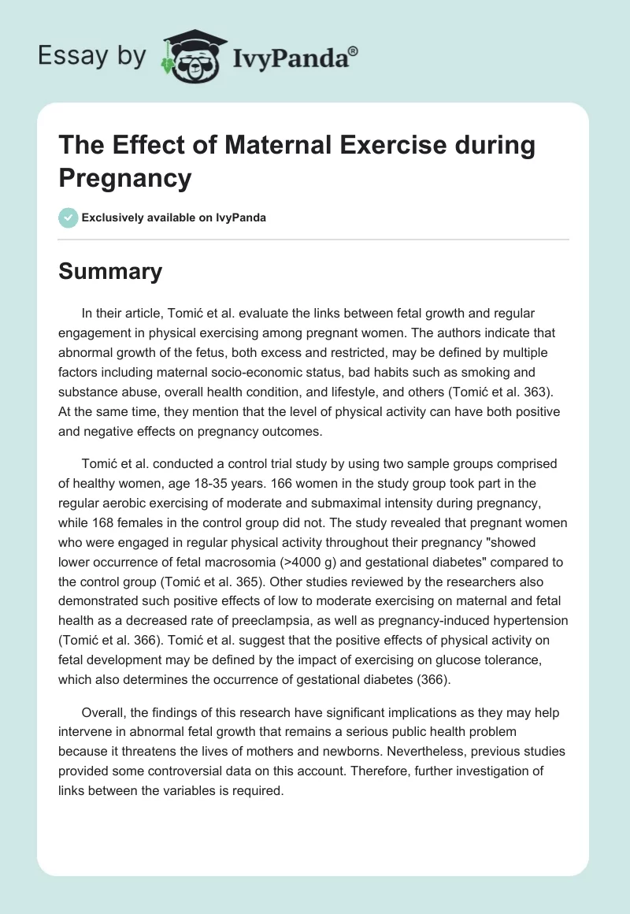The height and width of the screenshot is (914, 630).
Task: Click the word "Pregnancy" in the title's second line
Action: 124,178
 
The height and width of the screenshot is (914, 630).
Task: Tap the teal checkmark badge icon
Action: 69,217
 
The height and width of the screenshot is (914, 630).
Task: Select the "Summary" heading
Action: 110,271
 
